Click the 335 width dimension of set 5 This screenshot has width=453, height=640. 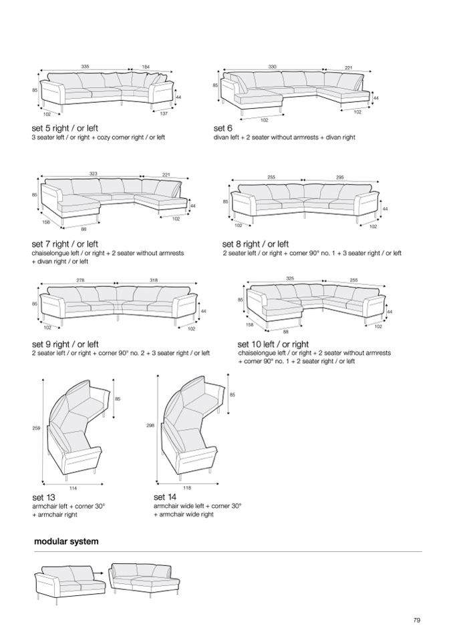[x=85, y=67]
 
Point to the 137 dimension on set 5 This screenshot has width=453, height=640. [x=164, y=113]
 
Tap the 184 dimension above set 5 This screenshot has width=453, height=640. [x=146, y=67]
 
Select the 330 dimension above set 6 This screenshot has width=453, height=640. [x=273, y=67]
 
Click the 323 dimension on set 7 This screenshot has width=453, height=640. [x=94, y=174]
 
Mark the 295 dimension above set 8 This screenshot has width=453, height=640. [x=339, y=177]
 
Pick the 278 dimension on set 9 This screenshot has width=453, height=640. [x=80, y=280]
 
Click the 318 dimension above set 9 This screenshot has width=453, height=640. [x=154, y=280]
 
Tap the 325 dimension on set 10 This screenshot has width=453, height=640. [x=290, y=278]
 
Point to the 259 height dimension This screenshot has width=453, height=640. [x=35, y=427]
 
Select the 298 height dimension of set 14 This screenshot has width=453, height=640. [x=150, y=425]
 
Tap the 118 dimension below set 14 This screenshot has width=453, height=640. [x=187, y=488]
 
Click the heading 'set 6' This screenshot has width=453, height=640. [x=223, y=127]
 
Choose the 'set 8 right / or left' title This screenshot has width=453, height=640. [x=256, y=244]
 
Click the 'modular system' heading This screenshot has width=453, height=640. [x=66, y=541]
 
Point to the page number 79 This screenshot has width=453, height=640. [x=417, y=621]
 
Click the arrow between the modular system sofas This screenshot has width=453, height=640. [x=96, y=572]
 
